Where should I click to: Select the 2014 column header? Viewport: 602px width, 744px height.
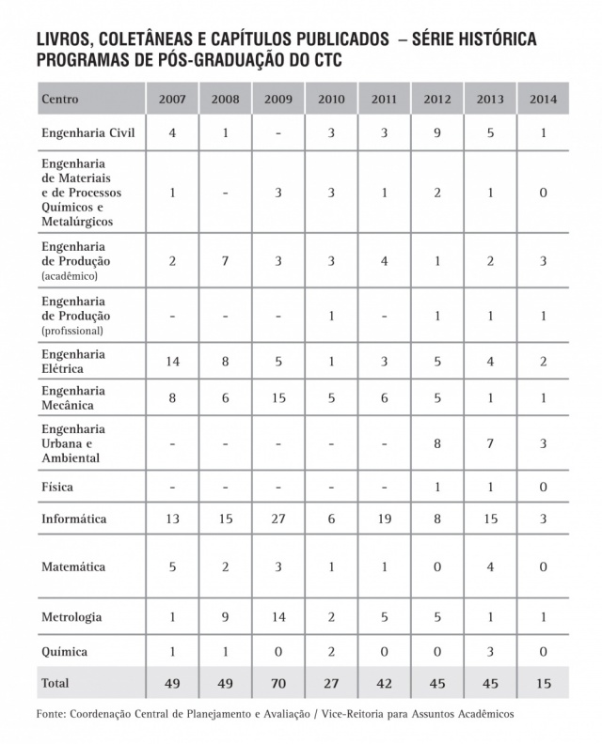(543, 99)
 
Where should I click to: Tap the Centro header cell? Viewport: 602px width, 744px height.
(59, 99)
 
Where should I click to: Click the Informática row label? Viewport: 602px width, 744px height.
(73, 519)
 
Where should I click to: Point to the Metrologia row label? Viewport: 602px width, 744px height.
(71, 617)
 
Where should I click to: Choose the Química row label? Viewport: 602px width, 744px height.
(64, 650)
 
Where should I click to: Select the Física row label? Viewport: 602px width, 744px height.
(57, 488)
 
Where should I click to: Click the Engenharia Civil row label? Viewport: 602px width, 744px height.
(88, 132)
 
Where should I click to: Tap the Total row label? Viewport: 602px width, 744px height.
(55, 682)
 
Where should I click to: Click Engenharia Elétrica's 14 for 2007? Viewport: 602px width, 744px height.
(172, 361)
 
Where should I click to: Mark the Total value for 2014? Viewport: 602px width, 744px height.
(543, 682)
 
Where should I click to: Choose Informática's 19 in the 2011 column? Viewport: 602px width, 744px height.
(384, 519)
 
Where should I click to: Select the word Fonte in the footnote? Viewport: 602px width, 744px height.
(53, 715)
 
